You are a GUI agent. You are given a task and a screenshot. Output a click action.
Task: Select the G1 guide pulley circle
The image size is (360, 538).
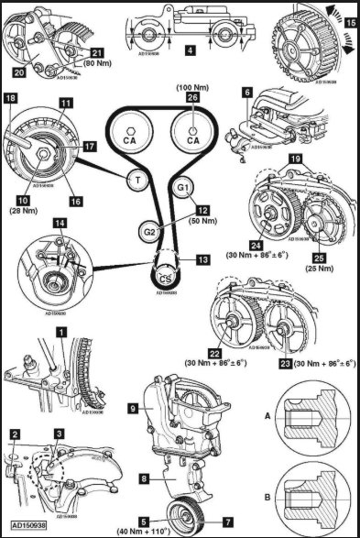[x=182, y=188]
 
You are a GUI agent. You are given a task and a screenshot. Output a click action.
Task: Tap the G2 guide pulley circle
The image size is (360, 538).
[x=147, y=230]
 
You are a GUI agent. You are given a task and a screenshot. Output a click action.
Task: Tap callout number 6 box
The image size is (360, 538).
[x=245, y=93]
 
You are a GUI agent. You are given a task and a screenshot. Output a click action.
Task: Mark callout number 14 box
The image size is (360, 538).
[x=60, y=224]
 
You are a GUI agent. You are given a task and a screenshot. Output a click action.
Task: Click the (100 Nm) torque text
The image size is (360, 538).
[x=191, y=86]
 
